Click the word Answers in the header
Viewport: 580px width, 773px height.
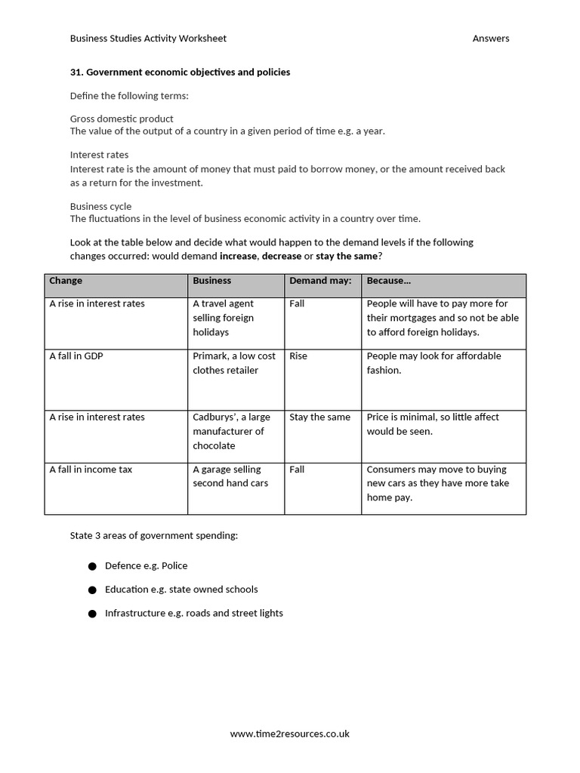coord(491,38)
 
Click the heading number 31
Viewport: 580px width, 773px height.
coord(76,72)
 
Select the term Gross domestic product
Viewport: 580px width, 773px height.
coord(122,119)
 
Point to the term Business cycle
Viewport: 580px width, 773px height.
coord(100,206)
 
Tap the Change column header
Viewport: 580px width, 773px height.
coord(66,281)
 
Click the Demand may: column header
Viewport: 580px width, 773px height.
coord(320,281)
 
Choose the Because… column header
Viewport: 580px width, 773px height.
coord(389,281)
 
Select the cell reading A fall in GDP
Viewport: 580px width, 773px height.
coord(76,356)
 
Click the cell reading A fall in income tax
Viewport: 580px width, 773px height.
coord(91,470)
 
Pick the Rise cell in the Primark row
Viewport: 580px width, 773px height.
coord(298,356)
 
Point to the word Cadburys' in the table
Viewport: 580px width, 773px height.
coord(214,417)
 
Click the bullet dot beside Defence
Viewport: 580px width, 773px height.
coord(92,566)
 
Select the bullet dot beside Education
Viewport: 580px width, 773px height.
coord(92,590)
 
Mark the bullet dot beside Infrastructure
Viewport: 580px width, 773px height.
coord(92,614)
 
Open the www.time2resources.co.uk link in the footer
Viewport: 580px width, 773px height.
coord(290,734)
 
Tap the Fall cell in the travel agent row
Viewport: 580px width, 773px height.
coord(297,303)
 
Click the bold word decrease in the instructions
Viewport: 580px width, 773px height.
coord(281,256)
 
